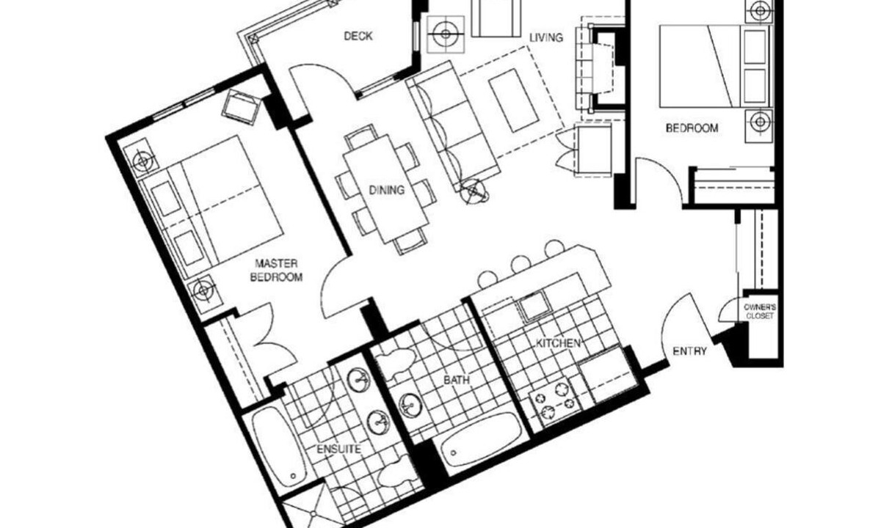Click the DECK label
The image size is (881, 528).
point(358,36)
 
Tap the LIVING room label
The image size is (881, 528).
point(546,37)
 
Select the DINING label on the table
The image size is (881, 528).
point(387,190)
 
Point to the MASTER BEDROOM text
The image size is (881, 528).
point(276,271)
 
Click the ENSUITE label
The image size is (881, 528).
point(338,449)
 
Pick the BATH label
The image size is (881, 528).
point(456,380)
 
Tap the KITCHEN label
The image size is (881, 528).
point(558,343)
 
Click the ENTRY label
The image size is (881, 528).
point(689,351)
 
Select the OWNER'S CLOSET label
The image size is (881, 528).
point(760,311)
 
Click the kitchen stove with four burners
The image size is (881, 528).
point(554,403)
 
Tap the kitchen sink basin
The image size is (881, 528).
point(535,306)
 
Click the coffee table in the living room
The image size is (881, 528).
point(513,100)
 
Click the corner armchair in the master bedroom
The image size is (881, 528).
point(241,106)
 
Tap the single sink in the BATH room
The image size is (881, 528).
point(410,405)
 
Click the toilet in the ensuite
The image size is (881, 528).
point(395,476)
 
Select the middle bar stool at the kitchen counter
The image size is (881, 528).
point(521,264)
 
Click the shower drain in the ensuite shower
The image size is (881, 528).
point(313,513)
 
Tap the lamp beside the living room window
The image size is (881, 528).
point(446,34)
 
